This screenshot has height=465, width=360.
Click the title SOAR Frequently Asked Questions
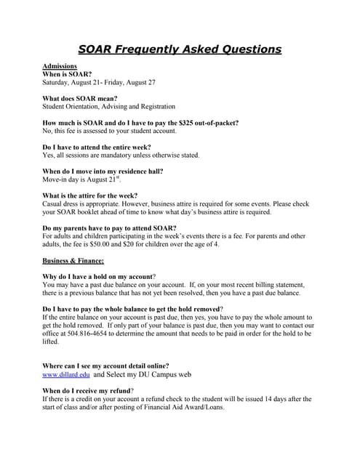(x=180, y=49)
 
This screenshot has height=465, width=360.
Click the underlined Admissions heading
(x=60, y=66)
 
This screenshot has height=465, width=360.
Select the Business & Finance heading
(x=73, y=260)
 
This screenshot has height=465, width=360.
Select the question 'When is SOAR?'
(x=67, y=74)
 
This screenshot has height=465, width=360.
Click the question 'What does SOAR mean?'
(x=80, y=98)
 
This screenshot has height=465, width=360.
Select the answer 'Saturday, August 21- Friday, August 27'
(x=108, y=82)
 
